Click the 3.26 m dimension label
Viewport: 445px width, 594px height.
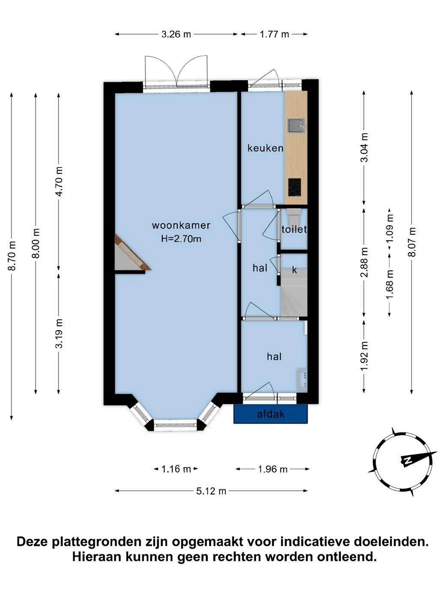[x=176, y=34]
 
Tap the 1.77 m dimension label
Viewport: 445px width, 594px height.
[x=274, y=34]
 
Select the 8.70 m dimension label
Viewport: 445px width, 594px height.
[x=12, y=256]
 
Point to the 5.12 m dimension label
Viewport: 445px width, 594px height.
[x=211, y=491]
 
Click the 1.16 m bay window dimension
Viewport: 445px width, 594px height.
[x=176, y=469]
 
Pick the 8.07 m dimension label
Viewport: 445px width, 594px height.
[x=412, y=242]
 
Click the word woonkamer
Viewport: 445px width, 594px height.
[x=181, y=225]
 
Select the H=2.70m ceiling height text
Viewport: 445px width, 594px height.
[x=181, y=239]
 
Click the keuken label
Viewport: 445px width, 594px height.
[x=265, y=148]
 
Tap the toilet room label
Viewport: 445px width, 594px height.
[x=294, y=230]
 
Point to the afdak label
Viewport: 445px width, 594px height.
[x=271, y=414]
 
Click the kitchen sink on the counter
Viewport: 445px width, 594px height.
[x=296, y=126]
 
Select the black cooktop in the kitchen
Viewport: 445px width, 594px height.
[x=295, y=187]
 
